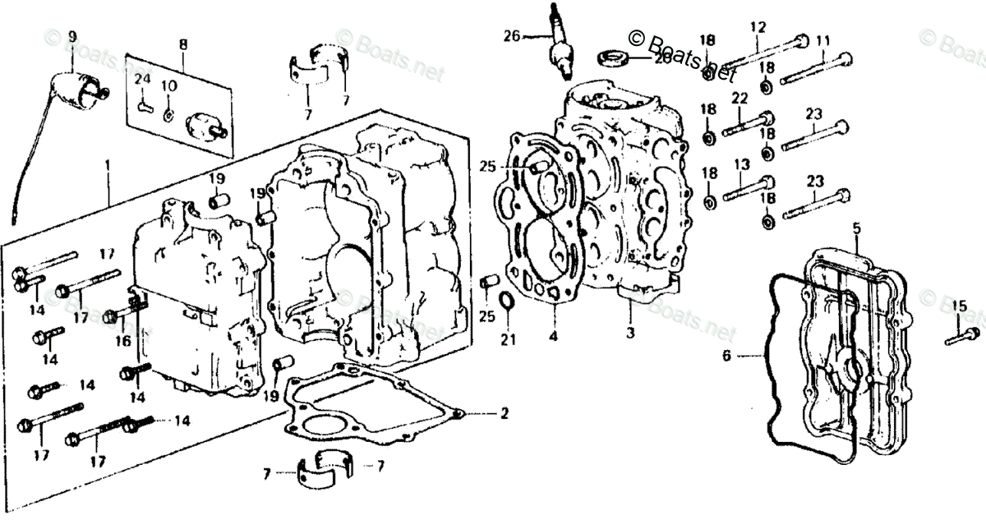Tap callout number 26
[512, 35]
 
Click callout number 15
[958, 307]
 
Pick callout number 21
[509, 341]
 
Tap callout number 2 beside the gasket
[505, 412]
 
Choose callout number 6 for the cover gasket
[726, 357]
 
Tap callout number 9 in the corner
[72, 36]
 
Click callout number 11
[823, 39]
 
